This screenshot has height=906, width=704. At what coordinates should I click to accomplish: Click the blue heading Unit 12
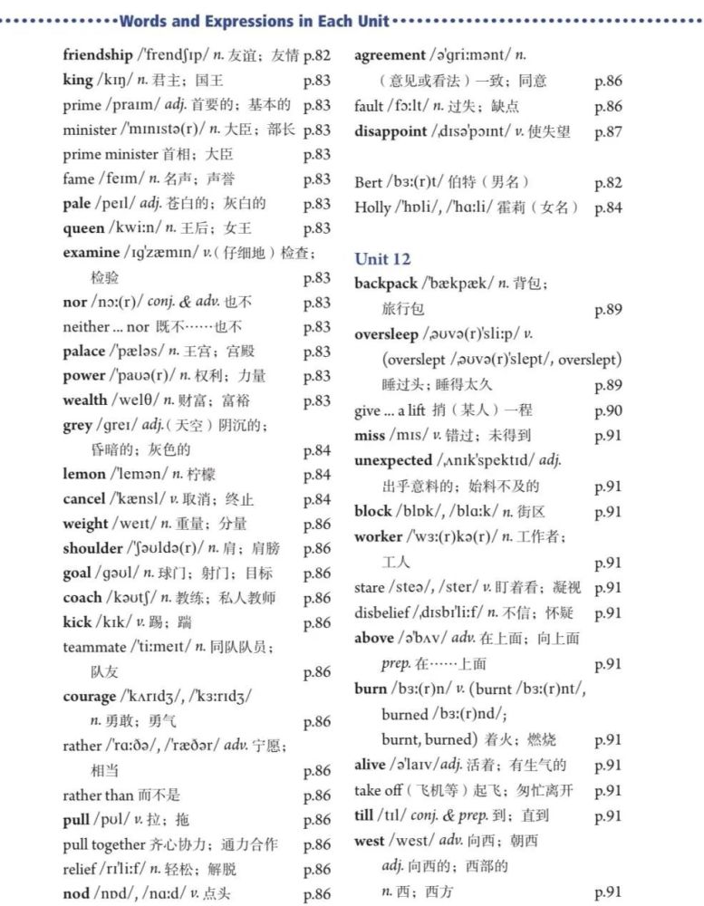[382, 259]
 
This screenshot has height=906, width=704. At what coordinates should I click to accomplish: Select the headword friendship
[97, 55]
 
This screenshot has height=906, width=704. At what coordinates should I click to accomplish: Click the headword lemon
[84, 474]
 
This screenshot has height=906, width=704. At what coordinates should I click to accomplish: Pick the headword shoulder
[92, 548]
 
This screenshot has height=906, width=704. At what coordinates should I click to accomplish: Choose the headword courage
[90, 697]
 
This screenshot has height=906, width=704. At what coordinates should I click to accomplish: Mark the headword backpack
[386, 284]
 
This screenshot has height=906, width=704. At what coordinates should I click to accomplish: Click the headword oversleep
[386, 334]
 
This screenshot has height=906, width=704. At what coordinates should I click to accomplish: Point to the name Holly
[372, 207]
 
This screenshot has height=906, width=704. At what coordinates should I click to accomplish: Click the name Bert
[368, 183]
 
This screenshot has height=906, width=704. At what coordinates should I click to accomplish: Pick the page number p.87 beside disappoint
[608, 132]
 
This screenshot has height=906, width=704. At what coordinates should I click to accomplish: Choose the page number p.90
[608, 411]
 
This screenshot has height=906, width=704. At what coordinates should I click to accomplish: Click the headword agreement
[390, 55]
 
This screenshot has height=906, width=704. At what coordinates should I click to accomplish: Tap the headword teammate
[94, 647]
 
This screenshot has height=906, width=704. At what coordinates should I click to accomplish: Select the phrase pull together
[104, 844]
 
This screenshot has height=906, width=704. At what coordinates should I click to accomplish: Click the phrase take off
[379, 790]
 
